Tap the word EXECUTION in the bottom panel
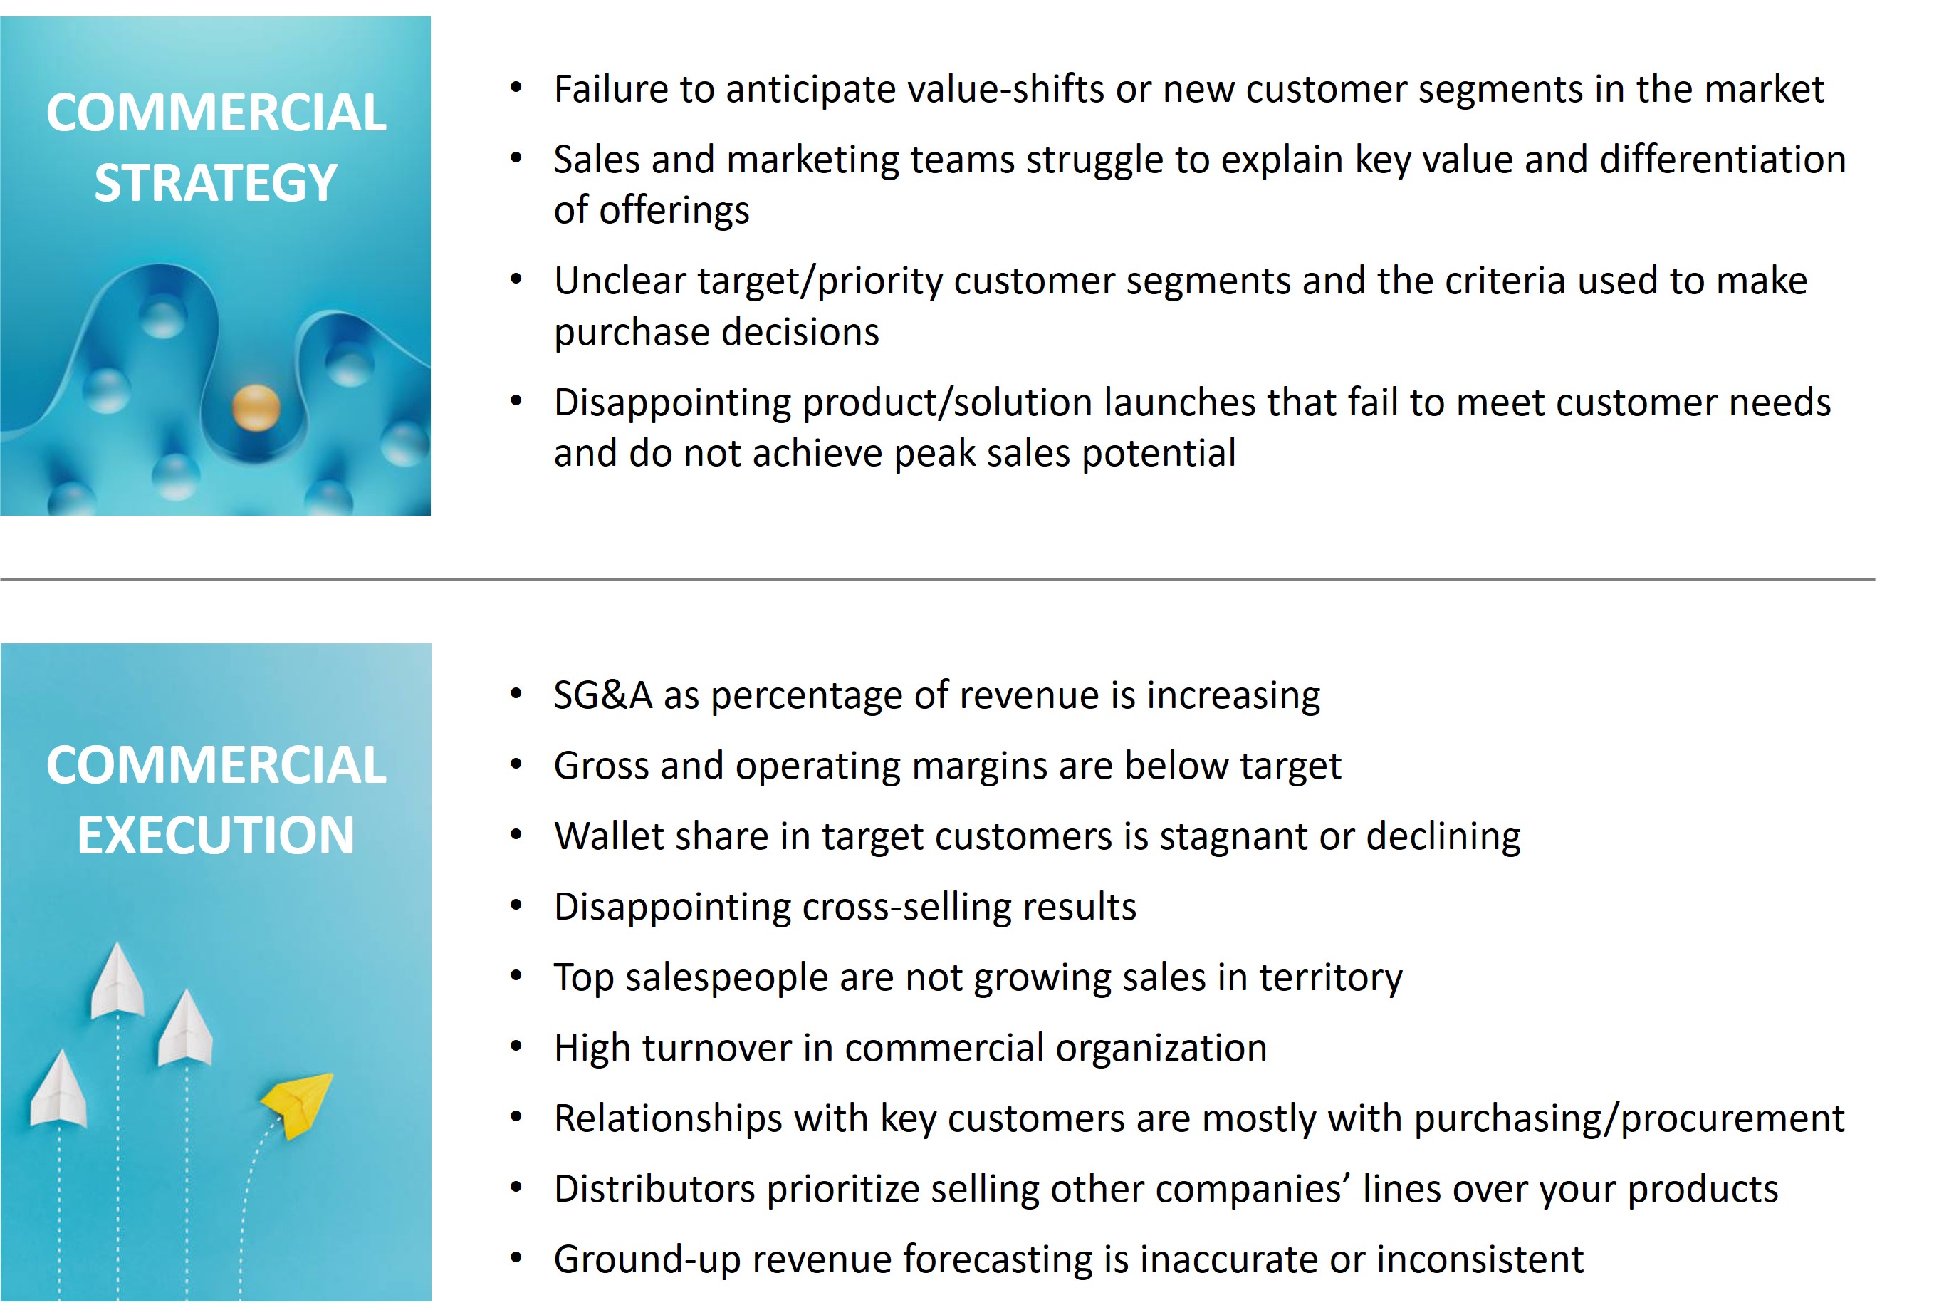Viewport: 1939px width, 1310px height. [x=216, y=836]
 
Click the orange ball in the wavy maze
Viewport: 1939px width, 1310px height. [x=256, y=408]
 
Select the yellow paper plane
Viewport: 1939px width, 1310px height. [x=298, y=1104]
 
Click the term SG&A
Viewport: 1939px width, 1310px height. [x=603, y=695]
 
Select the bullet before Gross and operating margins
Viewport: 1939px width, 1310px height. [x=516, y=765]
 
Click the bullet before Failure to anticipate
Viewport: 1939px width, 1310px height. [x=516, y=88]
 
